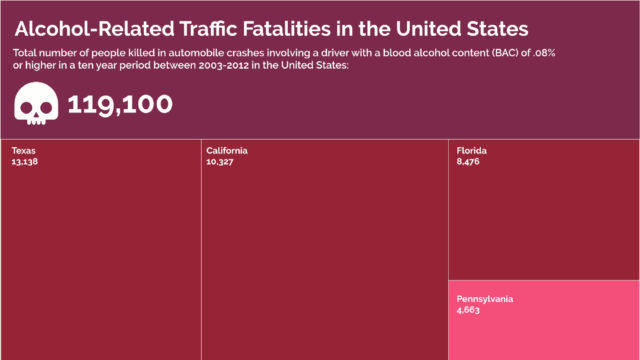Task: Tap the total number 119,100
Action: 120,104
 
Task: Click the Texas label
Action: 24,151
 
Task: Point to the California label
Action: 227,151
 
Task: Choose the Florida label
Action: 471,151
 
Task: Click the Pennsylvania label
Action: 485,299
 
